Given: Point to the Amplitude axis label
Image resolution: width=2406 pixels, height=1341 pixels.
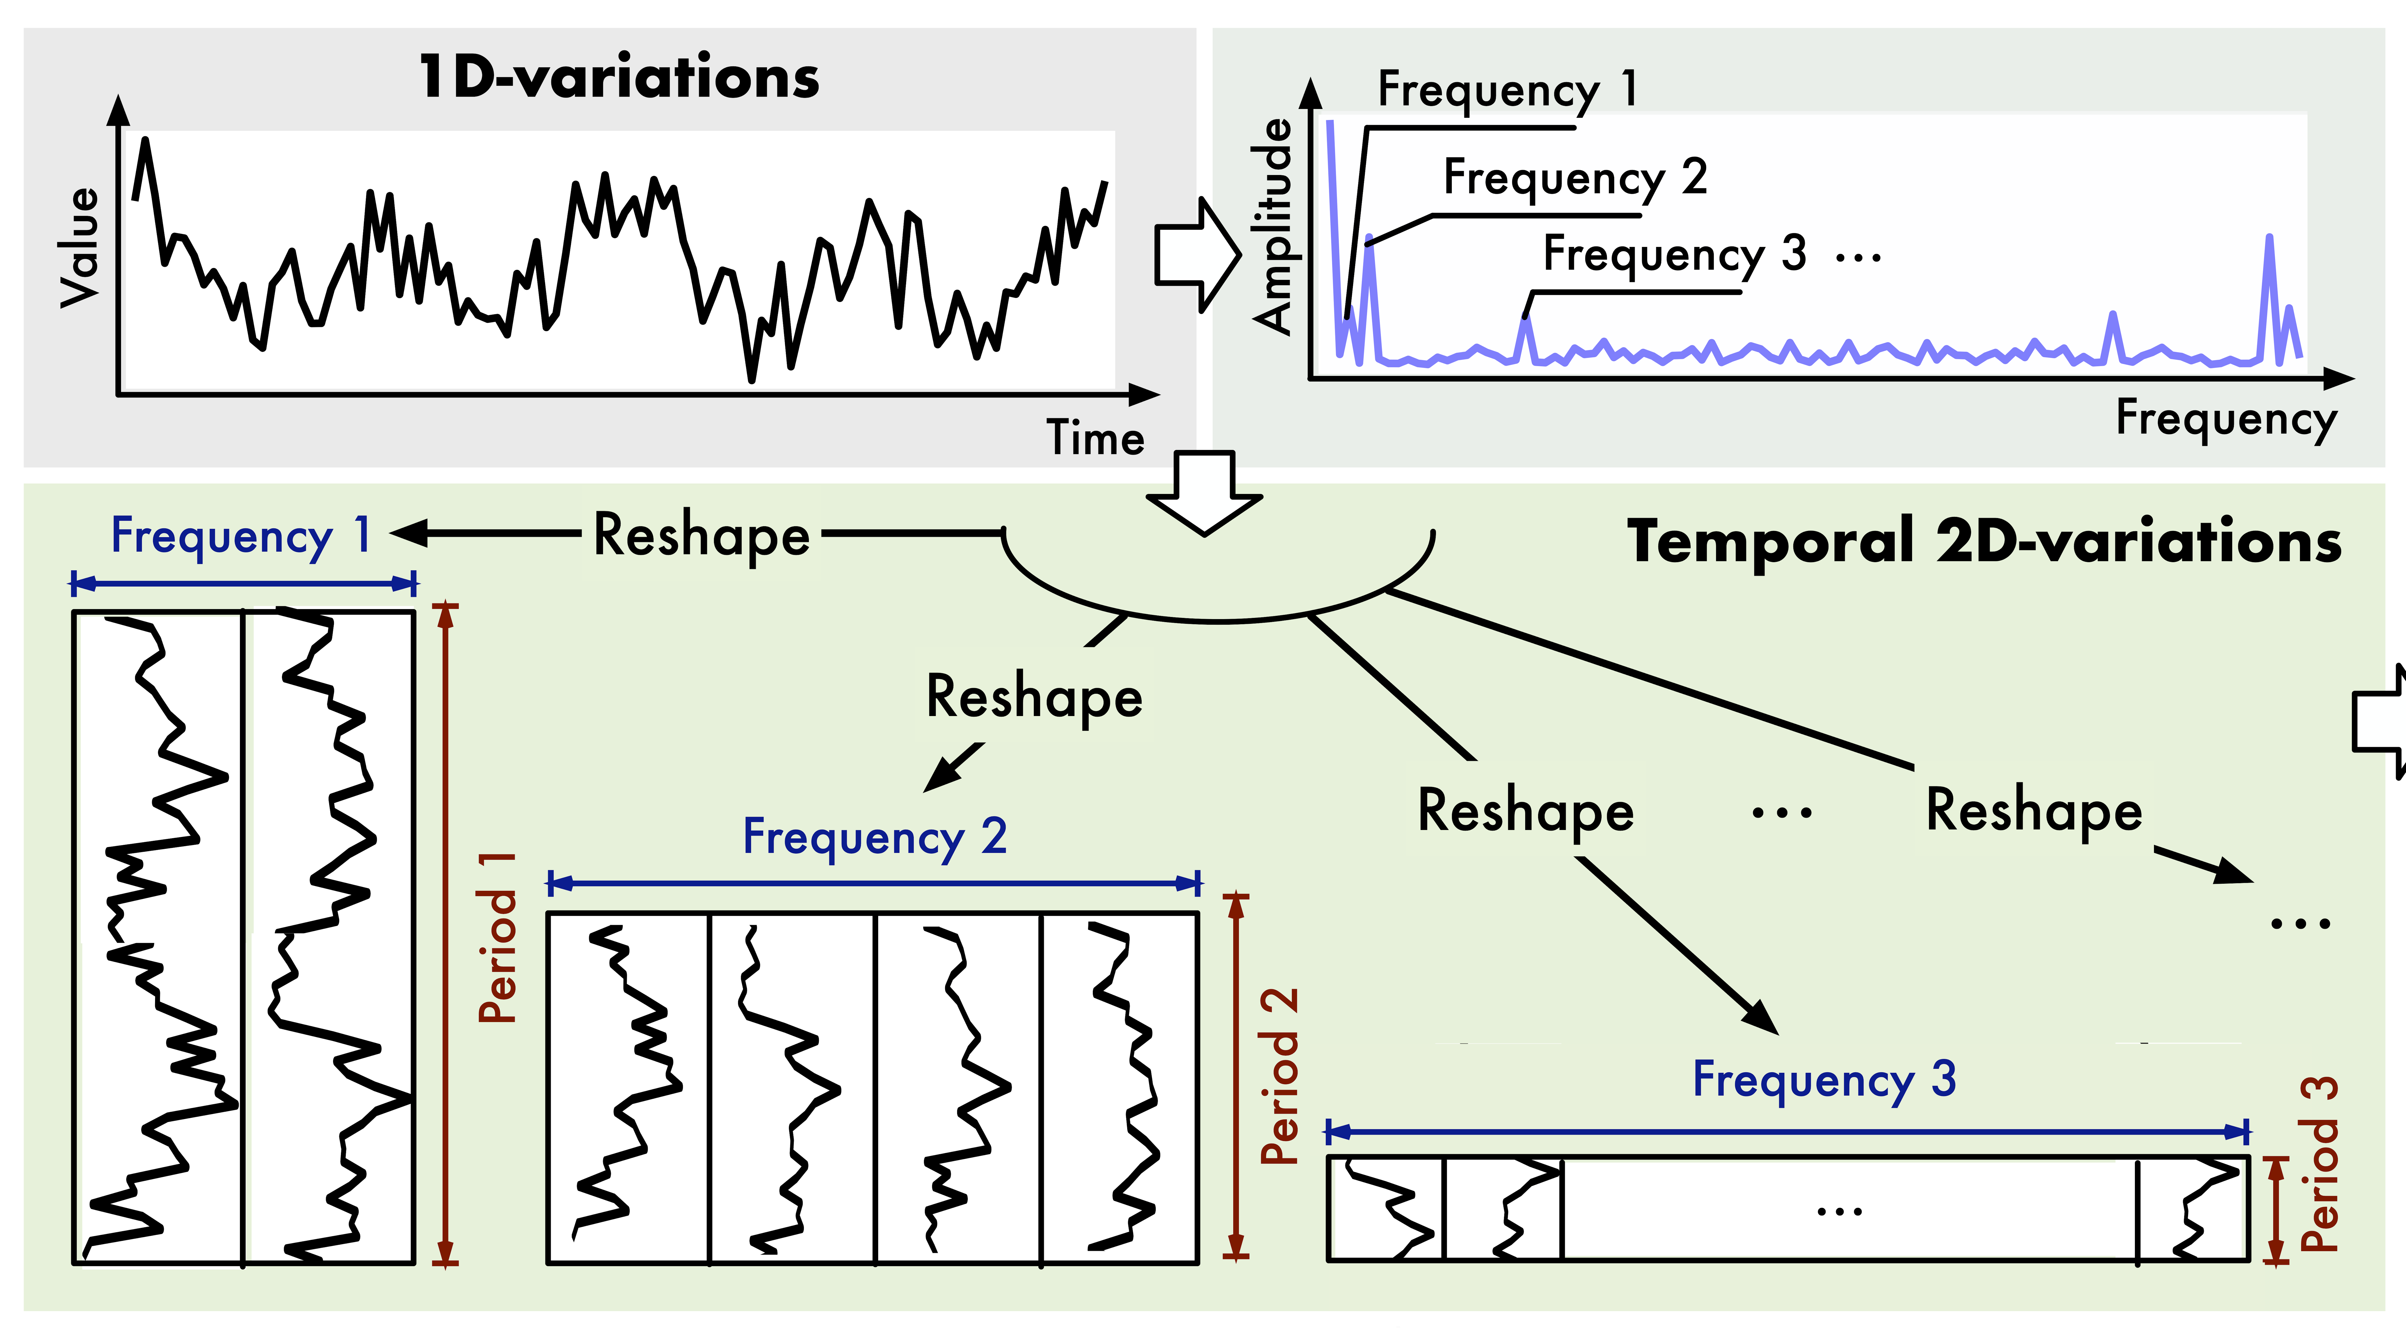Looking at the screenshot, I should (1272, 227).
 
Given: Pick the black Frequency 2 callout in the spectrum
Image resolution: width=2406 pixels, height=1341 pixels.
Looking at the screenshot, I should (1575, 177).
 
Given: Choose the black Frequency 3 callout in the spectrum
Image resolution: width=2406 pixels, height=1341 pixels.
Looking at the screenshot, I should (1674, 254).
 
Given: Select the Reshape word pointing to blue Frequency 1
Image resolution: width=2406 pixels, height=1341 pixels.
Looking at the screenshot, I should (701, 536).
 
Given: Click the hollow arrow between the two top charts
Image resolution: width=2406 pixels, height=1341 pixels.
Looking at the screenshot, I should (1197, 254).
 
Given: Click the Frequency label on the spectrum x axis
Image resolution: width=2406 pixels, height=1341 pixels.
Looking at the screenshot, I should (2226, 418).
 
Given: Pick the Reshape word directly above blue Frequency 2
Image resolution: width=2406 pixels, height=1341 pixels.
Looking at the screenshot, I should (1034, 697).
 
